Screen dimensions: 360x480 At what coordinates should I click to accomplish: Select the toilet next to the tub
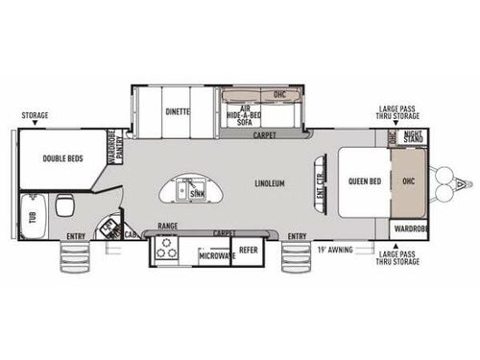coord(65,206)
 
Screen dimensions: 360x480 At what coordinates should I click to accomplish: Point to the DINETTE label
coord(175,110)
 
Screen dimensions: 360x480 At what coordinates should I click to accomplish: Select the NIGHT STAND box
coord(413,137)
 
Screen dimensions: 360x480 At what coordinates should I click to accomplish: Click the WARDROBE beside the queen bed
coord(410,228)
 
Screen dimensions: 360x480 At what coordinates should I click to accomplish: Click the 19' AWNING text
coord(333,249)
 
